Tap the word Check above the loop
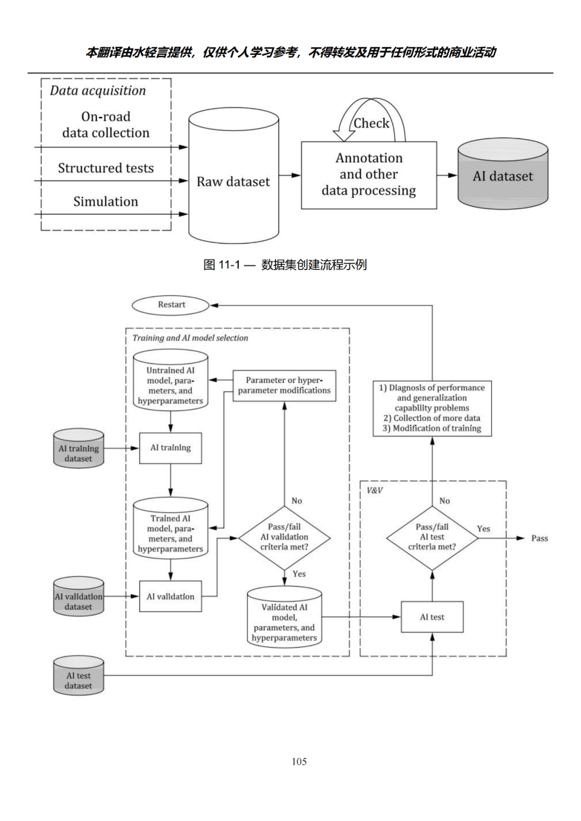click(x=371, y=123)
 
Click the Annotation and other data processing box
click(x=369, y=175)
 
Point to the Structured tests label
click(x=105, y=168)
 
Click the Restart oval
click(x=171, y=305)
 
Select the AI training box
click(x=171, y=448)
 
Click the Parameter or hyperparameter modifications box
click(x=284, y=385)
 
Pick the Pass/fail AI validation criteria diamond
click(x=284, y=537)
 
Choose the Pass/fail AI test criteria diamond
click(x=432, y=537)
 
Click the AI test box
click(x=432, y=617)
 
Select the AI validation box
click(x=171, y=596)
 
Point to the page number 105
click(x=299, y=761)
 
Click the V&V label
click(x=374, y=490)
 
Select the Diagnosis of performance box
click(x=432, y=408)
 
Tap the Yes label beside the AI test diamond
click(x=484, y=529)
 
